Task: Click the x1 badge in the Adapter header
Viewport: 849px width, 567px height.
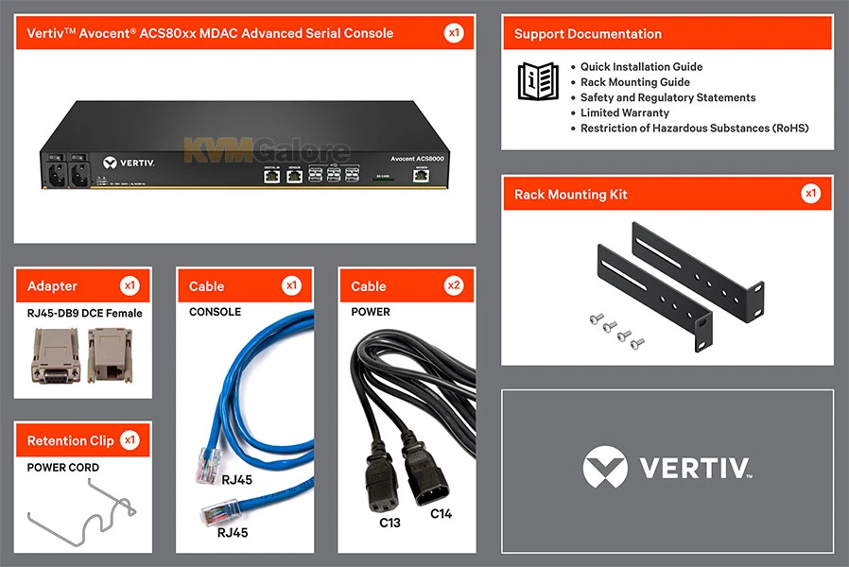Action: (130, 285)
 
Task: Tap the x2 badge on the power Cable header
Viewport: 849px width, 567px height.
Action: (455, 285)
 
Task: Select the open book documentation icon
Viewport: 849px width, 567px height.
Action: (537, 80)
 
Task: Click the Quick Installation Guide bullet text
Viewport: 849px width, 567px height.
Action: (641, 67)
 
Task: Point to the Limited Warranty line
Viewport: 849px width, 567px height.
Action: (624, 112)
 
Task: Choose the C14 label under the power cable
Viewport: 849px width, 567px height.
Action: (442, 514)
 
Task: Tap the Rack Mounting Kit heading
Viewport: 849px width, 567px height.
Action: (570, 195)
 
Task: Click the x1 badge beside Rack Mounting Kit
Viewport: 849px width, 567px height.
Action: (810, 194)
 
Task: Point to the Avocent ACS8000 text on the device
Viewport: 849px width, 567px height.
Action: (417, 158)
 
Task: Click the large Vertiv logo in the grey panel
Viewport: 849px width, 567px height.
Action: (667, 468)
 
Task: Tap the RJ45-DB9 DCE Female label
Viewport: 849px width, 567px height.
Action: (84, 313)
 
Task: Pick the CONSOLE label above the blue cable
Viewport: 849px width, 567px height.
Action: (215, 312)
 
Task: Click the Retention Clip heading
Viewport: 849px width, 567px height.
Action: (70, 440)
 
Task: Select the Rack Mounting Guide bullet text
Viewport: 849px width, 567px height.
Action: (634, 82)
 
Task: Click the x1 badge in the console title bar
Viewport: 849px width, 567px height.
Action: (454, 33)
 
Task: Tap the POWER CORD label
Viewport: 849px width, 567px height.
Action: (62, 468)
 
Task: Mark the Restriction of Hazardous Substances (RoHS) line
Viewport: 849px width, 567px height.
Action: (694, 128)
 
